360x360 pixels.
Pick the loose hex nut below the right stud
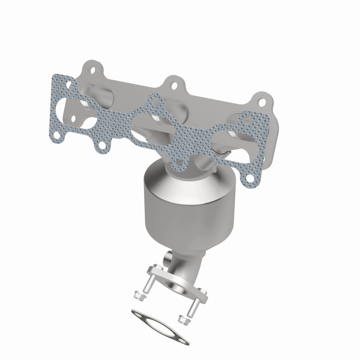coord(182,320)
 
